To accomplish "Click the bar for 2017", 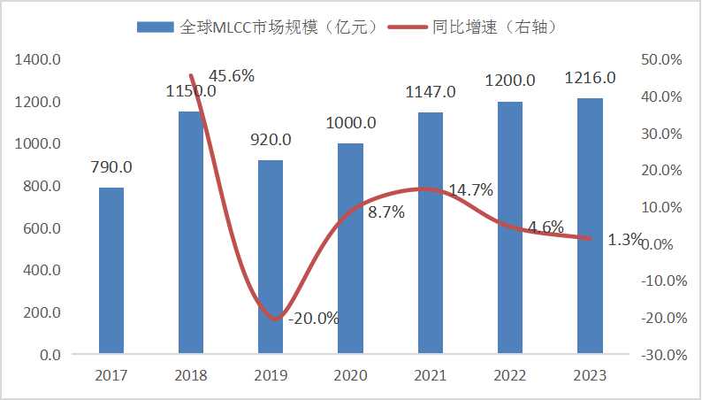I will [111, 271].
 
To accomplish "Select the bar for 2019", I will [271, 257].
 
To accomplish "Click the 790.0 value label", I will [111, 166].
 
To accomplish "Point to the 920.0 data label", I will [271, 139].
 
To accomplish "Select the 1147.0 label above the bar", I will [431, 91].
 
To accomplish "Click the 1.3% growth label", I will [625, 239].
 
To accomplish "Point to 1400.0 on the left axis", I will [38, 59].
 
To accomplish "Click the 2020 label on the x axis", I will [350, 375].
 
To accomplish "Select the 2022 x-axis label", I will [510, 375].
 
